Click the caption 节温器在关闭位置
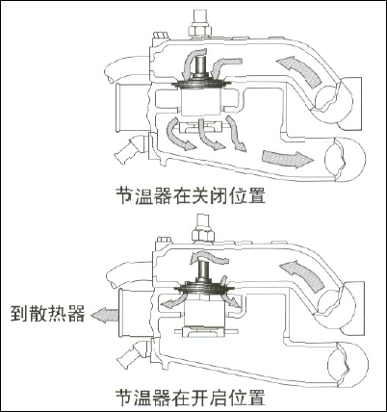(191, 194)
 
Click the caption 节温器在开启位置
(191, 398)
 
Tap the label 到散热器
(48, 314)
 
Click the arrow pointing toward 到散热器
(104, 315)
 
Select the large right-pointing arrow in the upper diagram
(288, 159)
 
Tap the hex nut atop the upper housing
(199, 31)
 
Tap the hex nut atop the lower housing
(203, 235)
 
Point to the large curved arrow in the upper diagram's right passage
(301, 70)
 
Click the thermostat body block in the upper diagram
(201, 102)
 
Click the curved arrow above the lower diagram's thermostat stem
(209, 257)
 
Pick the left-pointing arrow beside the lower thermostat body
(172, 300)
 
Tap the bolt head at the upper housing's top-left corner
(160, 35)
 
